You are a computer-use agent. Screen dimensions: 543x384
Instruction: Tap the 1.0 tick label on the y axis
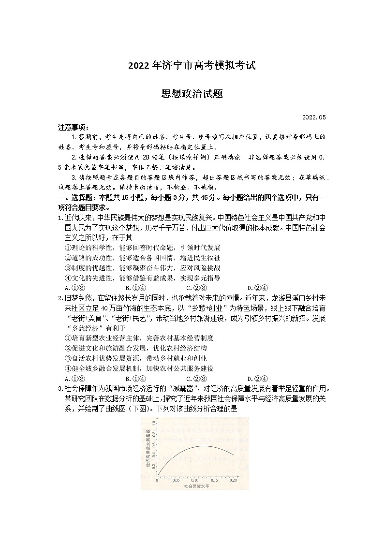153,423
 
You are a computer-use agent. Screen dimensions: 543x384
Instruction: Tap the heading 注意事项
73,128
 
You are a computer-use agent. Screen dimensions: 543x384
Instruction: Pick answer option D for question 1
254,288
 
